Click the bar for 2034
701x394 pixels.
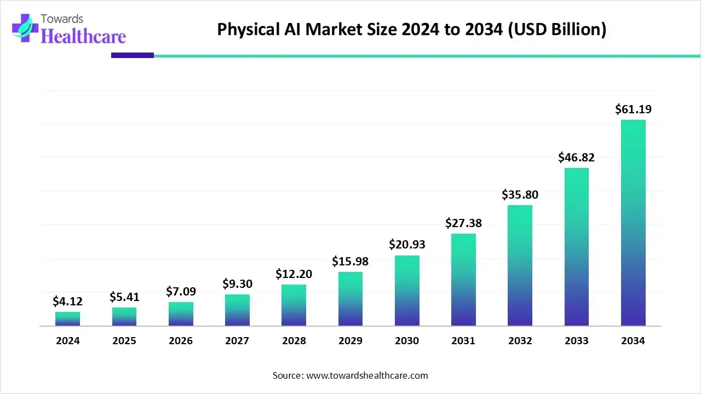633,223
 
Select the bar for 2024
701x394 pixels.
68,319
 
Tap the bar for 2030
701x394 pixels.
407,291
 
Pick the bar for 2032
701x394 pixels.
520,265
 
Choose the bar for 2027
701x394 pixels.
237,310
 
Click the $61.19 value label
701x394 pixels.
633,109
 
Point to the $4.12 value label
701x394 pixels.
68,301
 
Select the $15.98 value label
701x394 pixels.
350,262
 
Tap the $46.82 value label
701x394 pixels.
576,158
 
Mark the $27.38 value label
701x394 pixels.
463,223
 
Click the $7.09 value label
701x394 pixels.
181,291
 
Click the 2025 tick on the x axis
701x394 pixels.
124,341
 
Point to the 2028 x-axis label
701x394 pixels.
294,341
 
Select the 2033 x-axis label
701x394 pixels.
576,341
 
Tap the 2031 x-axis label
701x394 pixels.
463,341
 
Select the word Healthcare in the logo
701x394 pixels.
83,36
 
